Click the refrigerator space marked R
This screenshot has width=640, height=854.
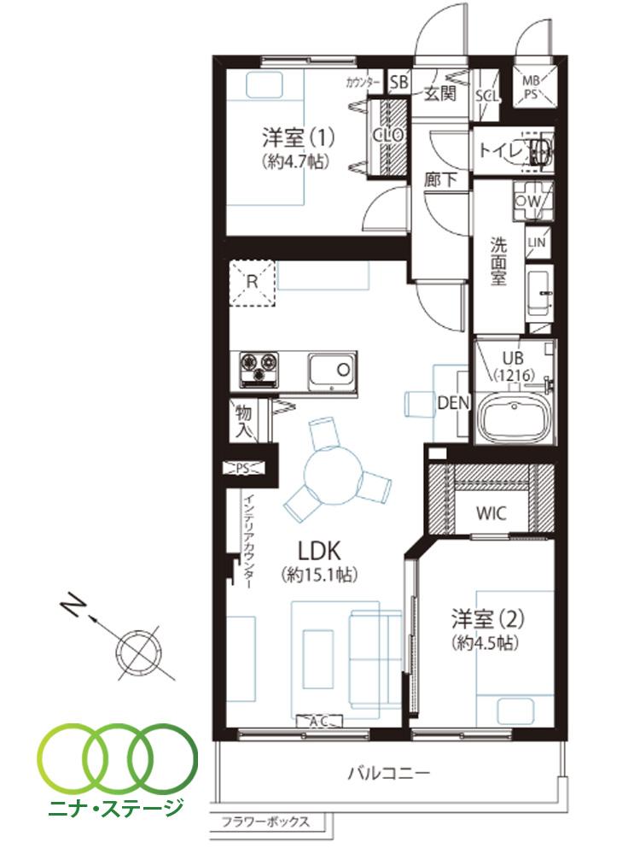[253, 281]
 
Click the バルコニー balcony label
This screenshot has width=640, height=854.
[388, 774]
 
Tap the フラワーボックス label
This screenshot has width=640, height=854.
[265, 823]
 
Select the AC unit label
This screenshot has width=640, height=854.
[318, 722]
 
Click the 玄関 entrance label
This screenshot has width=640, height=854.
[439, 91]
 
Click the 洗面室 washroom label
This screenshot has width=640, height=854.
[498, 260]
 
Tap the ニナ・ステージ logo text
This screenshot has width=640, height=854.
[118, 805]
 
